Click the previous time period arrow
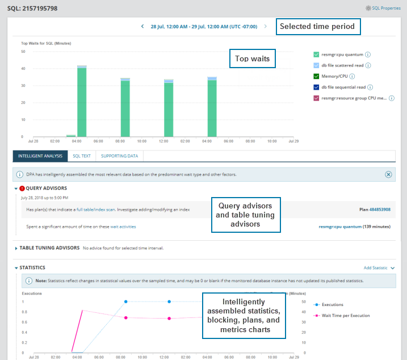click(x=142, y=27)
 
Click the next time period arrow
click(x=265, y=27)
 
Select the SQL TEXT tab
click(x=82, y=156)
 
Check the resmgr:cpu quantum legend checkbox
click(x=316, y=55)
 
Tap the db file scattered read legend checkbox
click(x=316, y=65)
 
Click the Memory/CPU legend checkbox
click(x=316, y=76)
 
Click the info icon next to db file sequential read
click(x=370, y=87)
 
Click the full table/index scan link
click(x=95, y=210)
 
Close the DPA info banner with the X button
click(x=388, y=174)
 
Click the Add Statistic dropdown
click(x=379, y=267)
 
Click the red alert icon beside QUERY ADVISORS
click(x=22, y=189)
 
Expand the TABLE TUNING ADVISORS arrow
click(x=15, y=248)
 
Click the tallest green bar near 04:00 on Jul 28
click(x=82, y=102)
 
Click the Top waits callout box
click(x=252, y=58)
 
